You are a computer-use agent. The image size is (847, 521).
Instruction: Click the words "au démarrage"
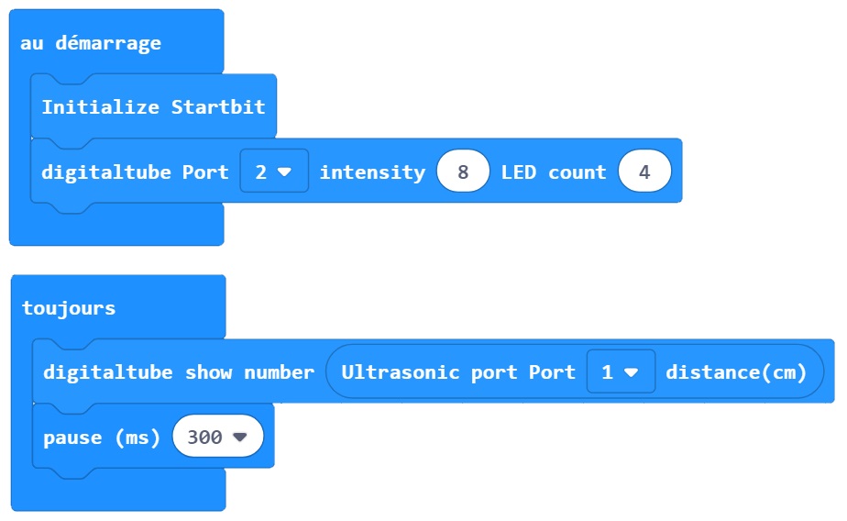pyautogui.click(x=90, y=43)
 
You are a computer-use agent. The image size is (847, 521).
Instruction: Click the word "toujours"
pyautogui.click(x=69, y=308)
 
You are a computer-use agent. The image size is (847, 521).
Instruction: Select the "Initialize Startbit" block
pyautogui.click(x=153, y=107)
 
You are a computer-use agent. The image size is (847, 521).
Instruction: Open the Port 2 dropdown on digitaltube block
pyautogui.click(x=273, y=172)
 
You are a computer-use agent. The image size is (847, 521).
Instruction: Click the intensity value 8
pyautogui.click(x=463, y=172)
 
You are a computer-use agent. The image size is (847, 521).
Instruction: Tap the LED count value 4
pyautogui.click(x=644, y=172)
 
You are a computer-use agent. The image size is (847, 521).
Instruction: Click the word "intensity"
pyautogui.click(x=372, y=172)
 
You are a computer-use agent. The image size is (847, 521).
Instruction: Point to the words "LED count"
pyautogui.click(x=554, y=172)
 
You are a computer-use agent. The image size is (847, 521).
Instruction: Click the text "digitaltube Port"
pyautogui.click(x=135, y=172)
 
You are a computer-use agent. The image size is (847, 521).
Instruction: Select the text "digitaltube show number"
pyautogui.click(x=179, y=372)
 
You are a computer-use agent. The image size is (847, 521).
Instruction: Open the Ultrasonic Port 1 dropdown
pyautogui.click(x=621, y=372)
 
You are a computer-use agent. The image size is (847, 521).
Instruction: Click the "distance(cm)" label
pyautogui.click(x=736, y=372)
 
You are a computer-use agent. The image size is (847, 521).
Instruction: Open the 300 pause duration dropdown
pyautogui.click(x=217, y=438)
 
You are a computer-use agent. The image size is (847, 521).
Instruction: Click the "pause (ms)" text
pyautogui.click(x=102, y=438)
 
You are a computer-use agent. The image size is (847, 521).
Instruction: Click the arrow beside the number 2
pyautogui.click(x=284, y=172)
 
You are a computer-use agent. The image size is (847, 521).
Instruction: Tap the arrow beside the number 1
pyautogui.click(x=631, y=372)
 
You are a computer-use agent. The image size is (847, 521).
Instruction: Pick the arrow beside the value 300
pyautogui.click(x=240, y=438)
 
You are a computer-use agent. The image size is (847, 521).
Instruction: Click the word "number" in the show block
pyautogui.click(x=279, y=372)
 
